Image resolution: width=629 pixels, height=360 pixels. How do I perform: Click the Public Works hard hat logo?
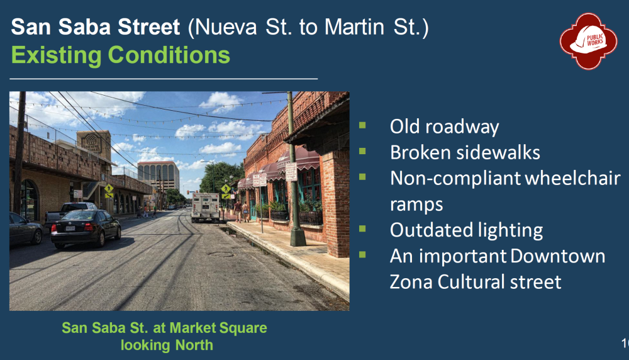[588, 41]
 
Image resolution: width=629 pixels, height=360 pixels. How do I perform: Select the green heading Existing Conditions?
[120, 55]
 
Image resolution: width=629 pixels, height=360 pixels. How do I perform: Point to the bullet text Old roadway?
[445, 127]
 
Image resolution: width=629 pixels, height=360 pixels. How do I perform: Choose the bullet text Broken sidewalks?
[465, 152]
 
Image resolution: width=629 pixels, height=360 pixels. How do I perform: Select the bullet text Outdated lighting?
[466, 230]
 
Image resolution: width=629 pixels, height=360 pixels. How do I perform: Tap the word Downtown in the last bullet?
[557, 256]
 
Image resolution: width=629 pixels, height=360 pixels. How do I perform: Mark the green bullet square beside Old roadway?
[362, 125]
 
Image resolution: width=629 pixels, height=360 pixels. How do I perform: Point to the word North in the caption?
[194, 345]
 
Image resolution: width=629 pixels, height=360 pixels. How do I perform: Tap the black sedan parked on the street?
[86, 228]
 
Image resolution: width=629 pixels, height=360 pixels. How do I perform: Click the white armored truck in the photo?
[206, 207]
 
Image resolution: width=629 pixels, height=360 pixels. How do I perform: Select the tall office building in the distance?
[158, 174]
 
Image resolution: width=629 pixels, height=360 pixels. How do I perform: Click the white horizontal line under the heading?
[164, 79]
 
